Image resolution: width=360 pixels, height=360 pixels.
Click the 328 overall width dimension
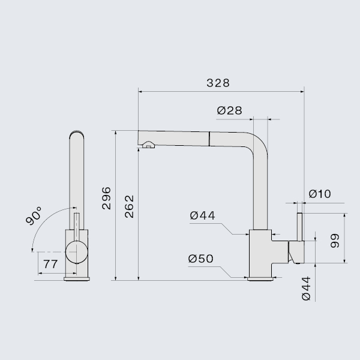(218, 83)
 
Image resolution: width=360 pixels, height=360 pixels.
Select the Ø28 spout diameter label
(229, 110)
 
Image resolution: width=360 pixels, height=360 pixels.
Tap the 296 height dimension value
(106, 198)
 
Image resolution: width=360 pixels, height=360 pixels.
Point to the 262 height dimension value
(130, 206)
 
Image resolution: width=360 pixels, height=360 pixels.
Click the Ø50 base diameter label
(201, 259)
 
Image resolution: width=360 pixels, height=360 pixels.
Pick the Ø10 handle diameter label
(319, 194)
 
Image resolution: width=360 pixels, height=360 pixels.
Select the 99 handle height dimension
(335, 240)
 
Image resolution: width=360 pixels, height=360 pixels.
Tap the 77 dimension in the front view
(50, 263)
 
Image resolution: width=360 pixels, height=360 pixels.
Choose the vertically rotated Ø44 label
(305, 289)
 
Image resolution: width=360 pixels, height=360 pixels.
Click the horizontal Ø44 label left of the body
(202, 215)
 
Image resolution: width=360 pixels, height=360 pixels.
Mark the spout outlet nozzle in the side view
(147, 144)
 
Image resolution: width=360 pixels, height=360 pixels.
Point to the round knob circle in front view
(76, 252)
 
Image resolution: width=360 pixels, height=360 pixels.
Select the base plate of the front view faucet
(76, 278)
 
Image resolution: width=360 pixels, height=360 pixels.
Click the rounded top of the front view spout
(76, 133)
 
